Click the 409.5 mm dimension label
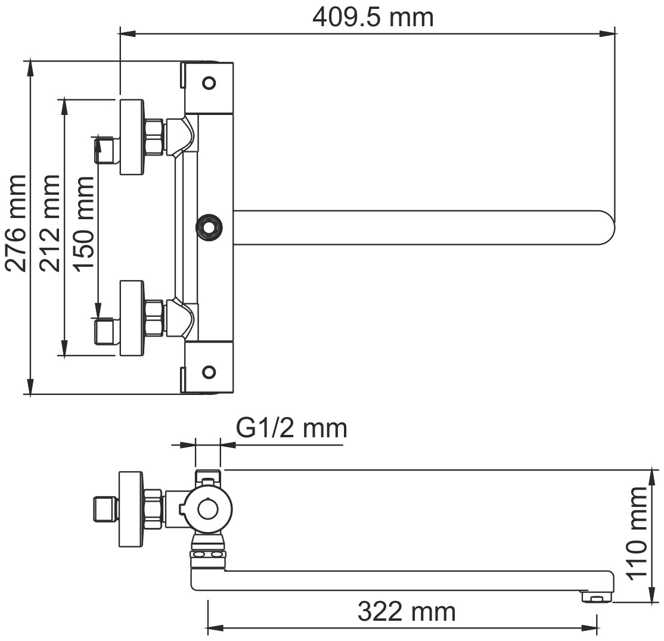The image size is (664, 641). tap(373, 18)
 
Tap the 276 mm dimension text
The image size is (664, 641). tap(16, 223)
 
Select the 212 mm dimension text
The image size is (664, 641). tap(50, 223)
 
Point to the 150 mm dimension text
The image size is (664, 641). tap(83, 223)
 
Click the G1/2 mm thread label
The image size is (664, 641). tap(291, 428)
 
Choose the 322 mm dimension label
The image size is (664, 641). tap(407, 612)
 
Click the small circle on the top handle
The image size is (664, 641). tap(209, 82)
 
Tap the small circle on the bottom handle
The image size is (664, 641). tap(209, 372)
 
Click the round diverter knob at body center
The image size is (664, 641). tap(209, 228)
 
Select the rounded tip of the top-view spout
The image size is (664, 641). tap(606, 228)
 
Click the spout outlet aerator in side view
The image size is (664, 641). tap(596, 597)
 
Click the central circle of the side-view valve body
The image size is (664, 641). tap(207, 509)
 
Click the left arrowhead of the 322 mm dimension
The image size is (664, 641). tap(216, 628)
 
